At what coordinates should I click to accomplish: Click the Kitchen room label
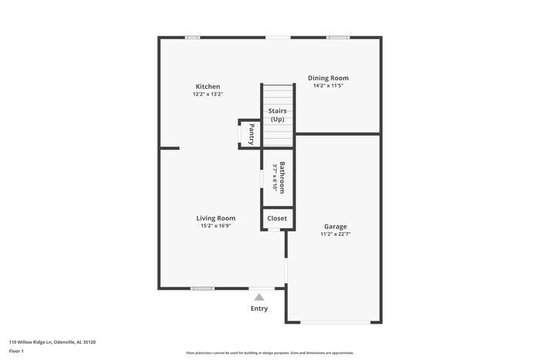pos(208,86)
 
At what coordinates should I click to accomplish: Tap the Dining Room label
pos(328,78)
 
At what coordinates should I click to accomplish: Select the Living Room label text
pos(216,218)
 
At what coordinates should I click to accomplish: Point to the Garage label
pos(335,226)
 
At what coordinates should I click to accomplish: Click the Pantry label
pos(251,133)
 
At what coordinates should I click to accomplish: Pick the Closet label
pos(277,218)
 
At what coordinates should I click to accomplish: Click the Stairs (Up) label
pos(277,116)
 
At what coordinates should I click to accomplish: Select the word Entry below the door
pos(259,308)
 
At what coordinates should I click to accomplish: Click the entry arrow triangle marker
pos(259,295)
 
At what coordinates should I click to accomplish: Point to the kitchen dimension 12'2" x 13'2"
pos(208,94)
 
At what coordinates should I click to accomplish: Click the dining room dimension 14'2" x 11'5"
pos(328,86)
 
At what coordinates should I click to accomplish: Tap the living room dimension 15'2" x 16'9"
pos(216,226)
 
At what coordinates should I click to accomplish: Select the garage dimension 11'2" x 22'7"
pos(335,234)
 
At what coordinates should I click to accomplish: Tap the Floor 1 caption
pos(17,351)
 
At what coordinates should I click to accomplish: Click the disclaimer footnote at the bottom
pos(270,352)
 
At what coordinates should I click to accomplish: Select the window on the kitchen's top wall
pos(193,37)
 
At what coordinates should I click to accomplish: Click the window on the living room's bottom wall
pos(202,288)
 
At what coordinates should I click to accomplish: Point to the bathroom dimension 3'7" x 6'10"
pos(275,178)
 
